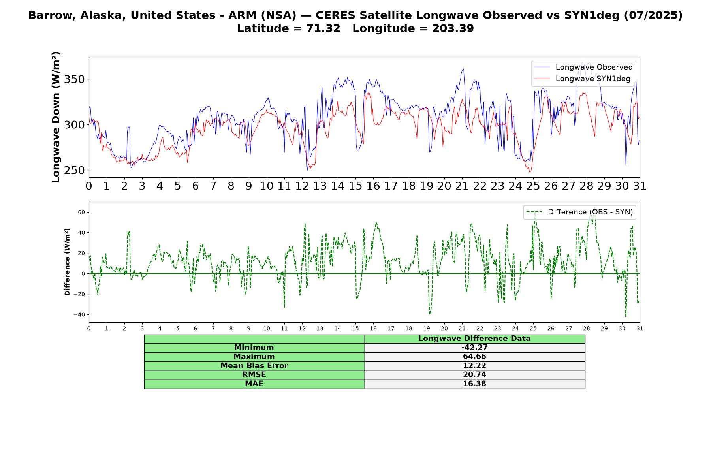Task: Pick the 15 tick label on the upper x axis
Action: [355, 186]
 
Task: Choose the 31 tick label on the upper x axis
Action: [640, 186]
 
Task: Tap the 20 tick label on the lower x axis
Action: [444, 328]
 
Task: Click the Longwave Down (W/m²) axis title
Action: [56, 117]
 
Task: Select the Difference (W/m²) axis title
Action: [67, 262]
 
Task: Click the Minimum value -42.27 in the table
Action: [474, 348]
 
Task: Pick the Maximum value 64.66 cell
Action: [474, 357]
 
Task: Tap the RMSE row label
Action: [254, 375]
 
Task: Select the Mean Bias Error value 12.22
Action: [474, 366]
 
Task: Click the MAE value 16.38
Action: [474, 384]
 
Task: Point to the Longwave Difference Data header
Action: [474, 339]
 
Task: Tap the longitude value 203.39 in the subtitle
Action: [453, 28]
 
